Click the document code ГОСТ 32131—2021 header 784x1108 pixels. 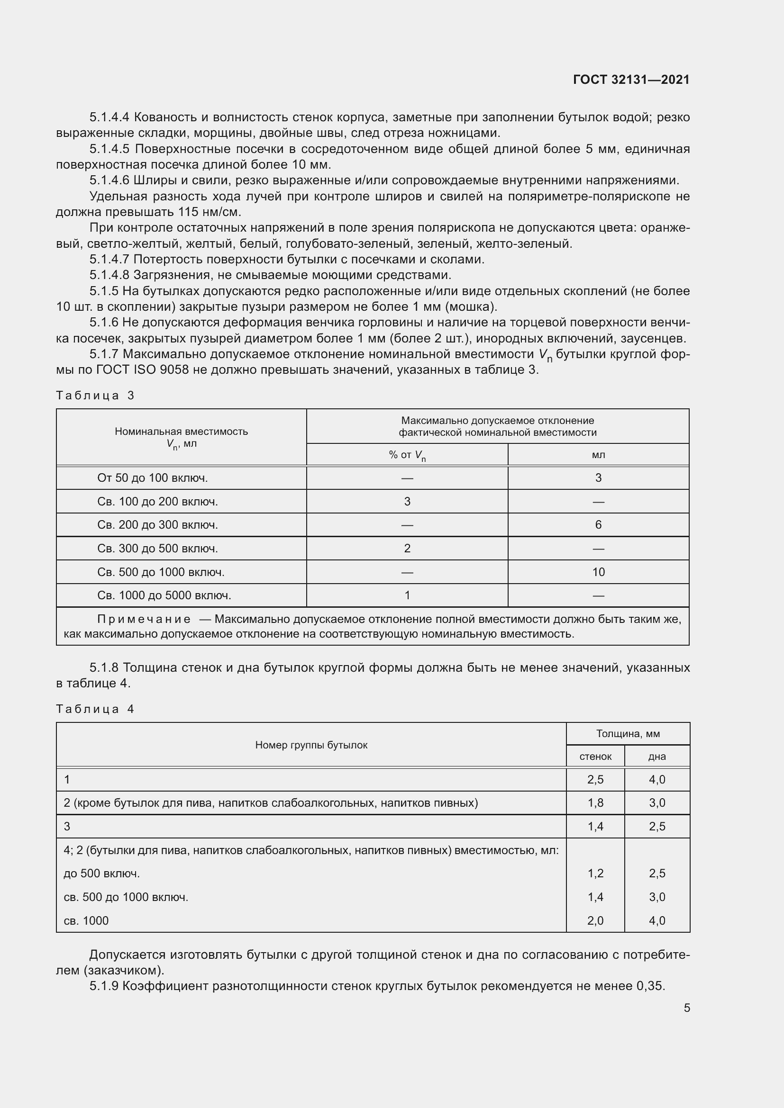tap(631, 80)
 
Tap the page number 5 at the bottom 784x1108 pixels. tap(686, 1008)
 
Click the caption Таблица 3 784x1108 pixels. tap(95, 396)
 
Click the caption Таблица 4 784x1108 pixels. tap(95, 709)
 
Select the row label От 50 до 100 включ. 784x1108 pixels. tap(152, 478)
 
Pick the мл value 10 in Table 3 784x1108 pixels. tap(598, 572)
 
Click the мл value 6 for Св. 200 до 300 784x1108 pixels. tap(598, 524)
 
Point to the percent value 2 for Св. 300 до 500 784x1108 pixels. tap(407, 548)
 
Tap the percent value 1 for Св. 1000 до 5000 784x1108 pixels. tap(407, 595)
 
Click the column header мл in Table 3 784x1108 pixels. tap(598, 455)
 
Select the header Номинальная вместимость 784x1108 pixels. tap(181, 432)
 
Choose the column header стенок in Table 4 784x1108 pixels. tap(595, 757)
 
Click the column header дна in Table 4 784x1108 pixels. tap(656, 757)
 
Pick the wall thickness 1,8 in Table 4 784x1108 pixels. tap(595, 802)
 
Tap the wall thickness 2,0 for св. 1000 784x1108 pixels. tap(595, 920)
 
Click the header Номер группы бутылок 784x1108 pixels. tap(311, 745)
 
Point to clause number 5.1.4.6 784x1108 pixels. tap(109, 180)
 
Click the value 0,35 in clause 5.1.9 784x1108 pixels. tap(651, 986)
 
